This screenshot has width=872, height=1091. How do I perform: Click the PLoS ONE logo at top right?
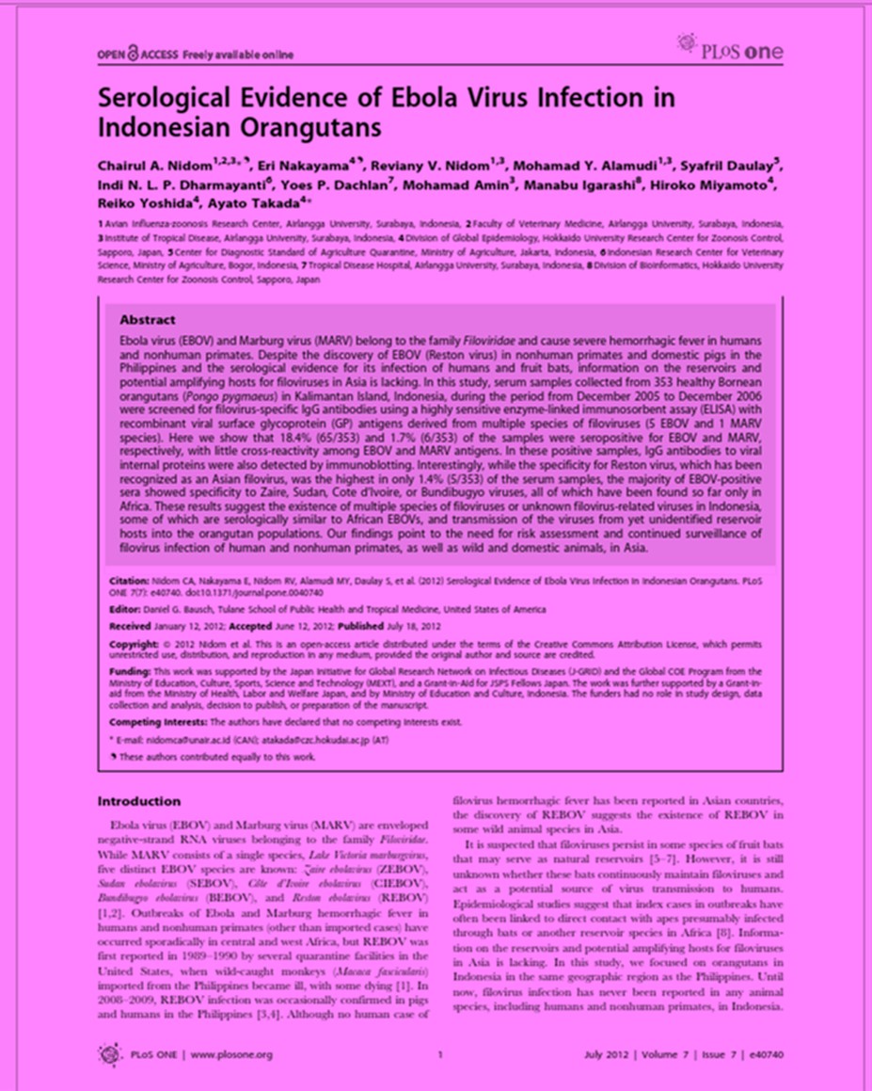(729, 50)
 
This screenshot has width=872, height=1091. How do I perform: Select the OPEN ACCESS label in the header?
(135, 55)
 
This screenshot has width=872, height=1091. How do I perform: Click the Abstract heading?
(148, 320)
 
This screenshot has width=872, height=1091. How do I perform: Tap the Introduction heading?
(139, 801)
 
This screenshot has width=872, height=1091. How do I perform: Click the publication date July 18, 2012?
(390, 625)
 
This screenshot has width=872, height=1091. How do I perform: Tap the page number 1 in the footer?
(440, 1054)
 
